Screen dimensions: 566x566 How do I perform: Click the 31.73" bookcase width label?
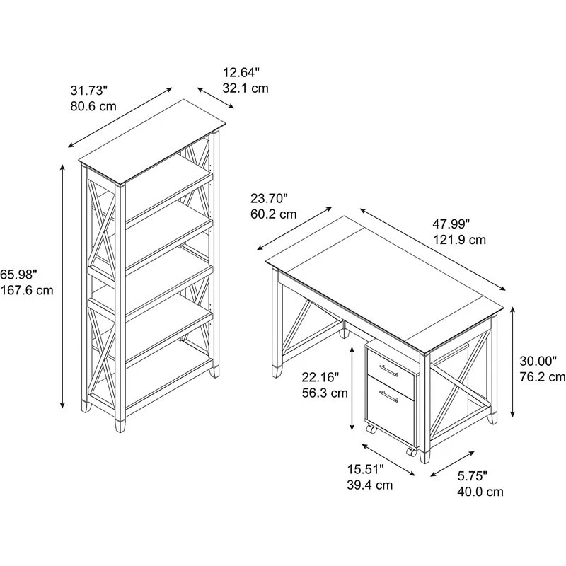click(88, 91)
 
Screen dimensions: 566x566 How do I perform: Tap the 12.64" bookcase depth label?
click(242, 72)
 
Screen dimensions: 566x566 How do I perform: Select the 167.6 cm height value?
click(27, 290)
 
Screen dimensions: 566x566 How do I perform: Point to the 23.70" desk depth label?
click(268, 198)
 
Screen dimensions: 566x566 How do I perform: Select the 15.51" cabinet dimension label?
click(365, 469)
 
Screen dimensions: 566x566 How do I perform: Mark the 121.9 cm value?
click(460, 240)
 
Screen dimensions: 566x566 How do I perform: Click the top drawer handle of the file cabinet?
click(388, 368)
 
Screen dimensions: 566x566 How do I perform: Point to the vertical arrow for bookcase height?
click(63, 287)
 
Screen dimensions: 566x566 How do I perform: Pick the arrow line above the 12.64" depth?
click(215, 98)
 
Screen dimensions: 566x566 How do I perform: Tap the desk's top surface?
click(386, 279)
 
